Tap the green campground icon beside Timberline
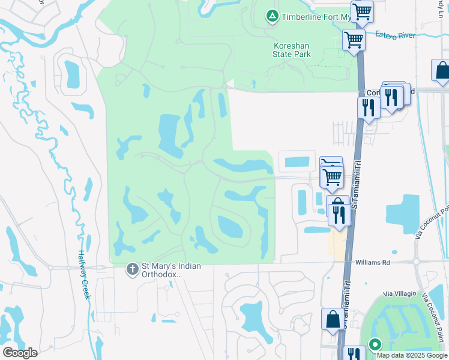click(272, 16)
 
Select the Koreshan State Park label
click(292, 50)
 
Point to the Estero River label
click(396, 36)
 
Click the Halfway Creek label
click(83, 275)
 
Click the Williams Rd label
click(372, 262)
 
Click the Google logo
click(20, 352)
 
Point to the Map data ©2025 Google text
click(411, 355)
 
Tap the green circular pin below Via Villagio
click(375, 344)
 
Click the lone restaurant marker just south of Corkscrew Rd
click(368, 107)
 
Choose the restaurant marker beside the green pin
click(354, 354)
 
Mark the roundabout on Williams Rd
click(415, 262)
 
